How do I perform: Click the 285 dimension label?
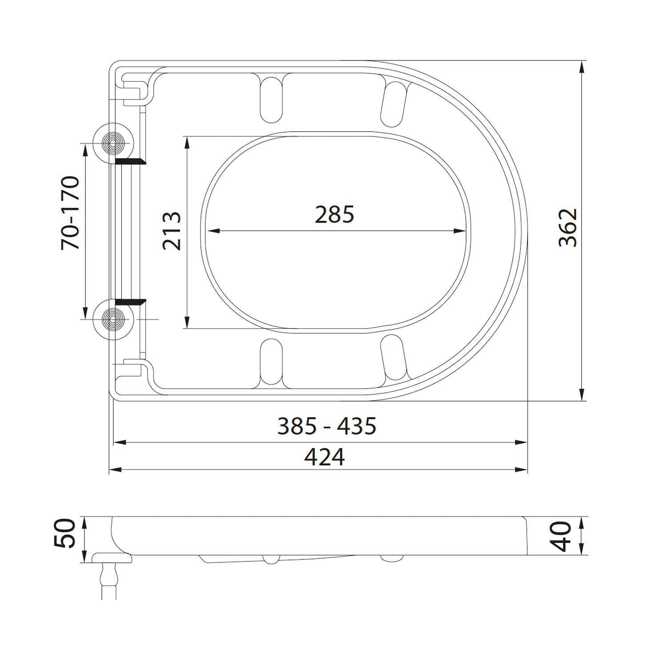tap(334, 215)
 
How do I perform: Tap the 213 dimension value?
tap(172, 231)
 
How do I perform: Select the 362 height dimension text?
tap(568, 227)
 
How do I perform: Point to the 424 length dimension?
tap(324, 457)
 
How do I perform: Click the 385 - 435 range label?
tap(327, 426)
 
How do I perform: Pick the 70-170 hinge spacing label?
tap(71, 213)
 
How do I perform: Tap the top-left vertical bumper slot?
tap(271, 100)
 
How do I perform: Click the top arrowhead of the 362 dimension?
tap(581, 67)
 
